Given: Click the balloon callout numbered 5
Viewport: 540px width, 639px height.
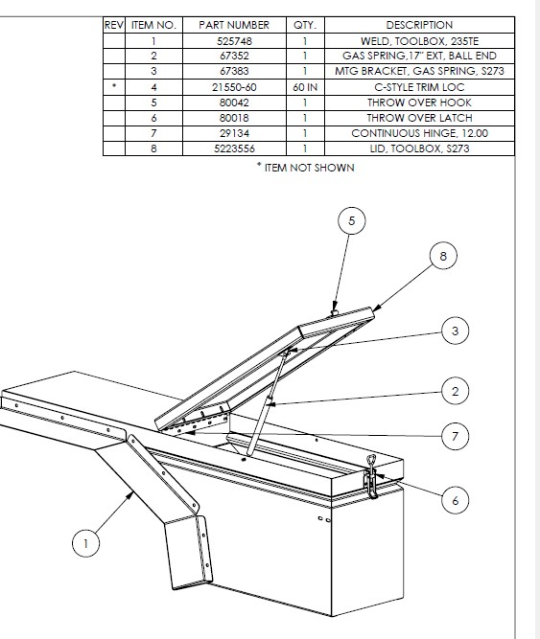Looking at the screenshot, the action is tap(352, 221).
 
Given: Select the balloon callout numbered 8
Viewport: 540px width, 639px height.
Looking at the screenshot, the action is tap(443, 256).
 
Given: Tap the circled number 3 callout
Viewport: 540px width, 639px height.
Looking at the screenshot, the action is tap(456, 331).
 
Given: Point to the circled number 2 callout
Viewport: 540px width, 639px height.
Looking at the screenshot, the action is tap(456, 391).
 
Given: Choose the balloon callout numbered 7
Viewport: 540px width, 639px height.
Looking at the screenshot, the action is tap(456, 437).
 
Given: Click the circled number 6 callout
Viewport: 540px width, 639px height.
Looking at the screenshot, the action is tap(456, 500).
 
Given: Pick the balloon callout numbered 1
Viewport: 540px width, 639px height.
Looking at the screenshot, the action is tap(85, 543).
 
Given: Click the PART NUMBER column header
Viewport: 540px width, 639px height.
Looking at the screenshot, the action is tap(234, 25).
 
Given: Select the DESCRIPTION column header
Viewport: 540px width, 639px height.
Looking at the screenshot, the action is tap(419, 25).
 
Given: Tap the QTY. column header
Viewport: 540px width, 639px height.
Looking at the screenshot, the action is tap(305, 25).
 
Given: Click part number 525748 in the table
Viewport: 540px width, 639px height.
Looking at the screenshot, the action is tap(234, 41).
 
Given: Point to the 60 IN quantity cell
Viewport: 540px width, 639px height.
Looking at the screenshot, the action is tap(305, 87).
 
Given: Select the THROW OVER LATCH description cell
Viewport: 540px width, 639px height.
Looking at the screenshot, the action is tap(419, 118).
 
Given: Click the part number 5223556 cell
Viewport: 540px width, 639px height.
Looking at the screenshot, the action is tap(234, 148).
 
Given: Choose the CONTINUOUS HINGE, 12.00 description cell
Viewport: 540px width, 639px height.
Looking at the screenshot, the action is tap(419, 133).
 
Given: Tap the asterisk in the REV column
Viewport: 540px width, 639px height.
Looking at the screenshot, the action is tap(114, 85).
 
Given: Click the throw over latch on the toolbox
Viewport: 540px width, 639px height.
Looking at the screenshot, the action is tap(371, 476).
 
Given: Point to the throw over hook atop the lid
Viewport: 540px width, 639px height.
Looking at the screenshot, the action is tap(335, 312).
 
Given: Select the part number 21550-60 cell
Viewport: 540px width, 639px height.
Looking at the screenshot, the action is tap(234, 87).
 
